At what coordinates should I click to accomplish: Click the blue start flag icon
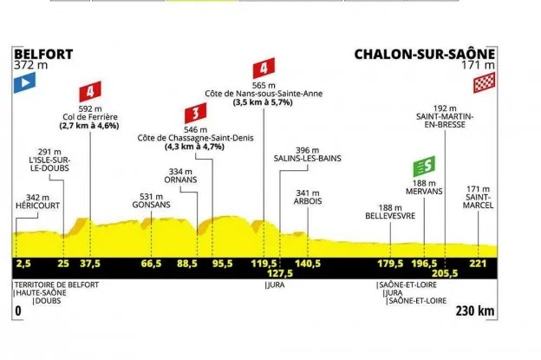(23, 84)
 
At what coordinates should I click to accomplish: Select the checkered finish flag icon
(483, 84)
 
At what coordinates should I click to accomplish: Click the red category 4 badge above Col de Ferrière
(89, 90)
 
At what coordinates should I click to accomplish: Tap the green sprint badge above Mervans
(424, 163)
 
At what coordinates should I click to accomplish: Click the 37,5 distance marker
(89, 264)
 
